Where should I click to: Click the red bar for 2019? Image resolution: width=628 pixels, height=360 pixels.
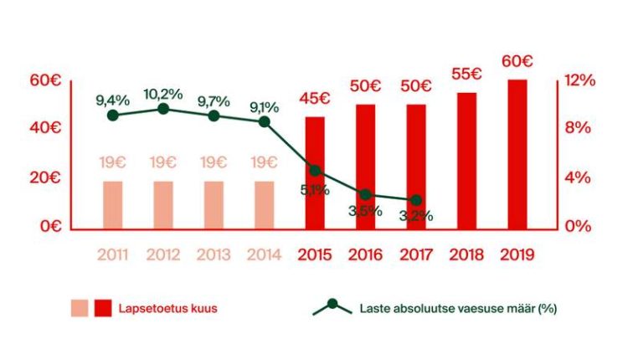517,154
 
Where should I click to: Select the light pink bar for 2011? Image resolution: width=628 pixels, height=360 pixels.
113,204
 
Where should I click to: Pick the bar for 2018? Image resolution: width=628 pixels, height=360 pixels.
466,160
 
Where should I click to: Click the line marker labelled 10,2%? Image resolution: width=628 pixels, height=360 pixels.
163,109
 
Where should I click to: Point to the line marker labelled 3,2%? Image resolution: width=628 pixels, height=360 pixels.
416,200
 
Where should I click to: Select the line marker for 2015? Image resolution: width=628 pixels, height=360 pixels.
314,170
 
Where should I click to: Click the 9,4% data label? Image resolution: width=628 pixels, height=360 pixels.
112,100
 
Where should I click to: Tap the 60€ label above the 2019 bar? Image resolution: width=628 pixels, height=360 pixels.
517,62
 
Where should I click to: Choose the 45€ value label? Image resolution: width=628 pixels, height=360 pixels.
314,99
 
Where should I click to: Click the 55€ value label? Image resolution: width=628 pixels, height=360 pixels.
466,75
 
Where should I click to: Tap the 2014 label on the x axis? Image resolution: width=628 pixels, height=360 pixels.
264,253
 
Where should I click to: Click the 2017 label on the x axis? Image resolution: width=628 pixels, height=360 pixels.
416,253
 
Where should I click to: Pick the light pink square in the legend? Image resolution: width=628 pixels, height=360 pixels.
80,308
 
